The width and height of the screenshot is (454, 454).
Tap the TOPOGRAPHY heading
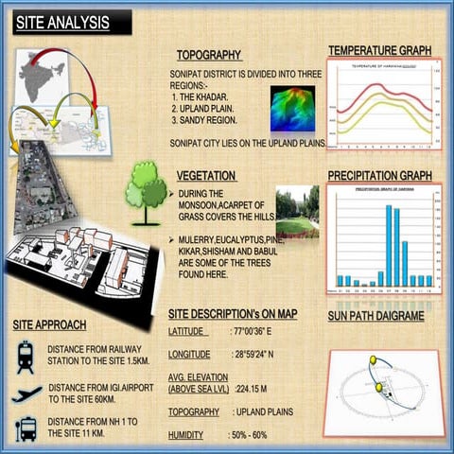click(209, 55)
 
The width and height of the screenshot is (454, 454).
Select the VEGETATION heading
click(206, 176)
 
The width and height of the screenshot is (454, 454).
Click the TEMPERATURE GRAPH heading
click(379, 50)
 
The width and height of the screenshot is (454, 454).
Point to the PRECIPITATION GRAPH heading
click(379, 176)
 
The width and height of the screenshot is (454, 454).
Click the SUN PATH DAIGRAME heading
click(375, 316)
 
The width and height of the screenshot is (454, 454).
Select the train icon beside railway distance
click(26, 357)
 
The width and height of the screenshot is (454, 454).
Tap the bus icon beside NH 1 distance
click(26, 428)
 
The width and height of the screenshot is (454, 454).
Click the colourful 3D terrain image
click(292, 109)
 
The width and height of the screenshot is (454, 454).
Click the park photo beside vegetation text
click(298, 214)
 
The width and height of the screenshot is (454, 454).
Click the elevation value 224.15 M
click(252, 389)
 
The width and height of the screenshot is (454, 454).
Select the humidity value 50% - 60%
click(248, 435)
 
